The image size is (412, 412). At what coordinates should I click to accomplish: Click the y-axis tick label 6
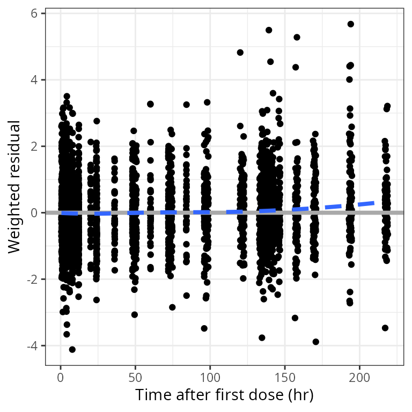click(x=34, y=13)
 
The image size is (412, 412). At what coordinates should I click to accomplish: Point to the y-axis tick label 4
click(x=34, y=80)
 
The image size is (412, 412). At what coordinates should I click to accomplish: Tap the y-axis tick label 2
click(x=34, y=146)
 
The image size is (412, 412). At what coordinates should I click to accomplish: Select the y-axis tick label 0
click(x=34, y=213)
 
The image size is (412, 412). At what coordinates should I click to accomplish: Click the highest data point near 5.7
click(x=351, y=24)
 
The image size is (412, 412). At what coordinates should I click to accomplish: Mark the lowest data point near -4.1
click(x=72, y=349)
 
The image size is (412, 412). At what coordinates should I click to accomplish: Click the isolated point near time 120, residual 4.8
click(x=240, y=53)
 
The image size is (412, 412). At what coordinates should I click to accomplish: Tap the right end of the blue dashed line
click(x=374, y=203)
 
